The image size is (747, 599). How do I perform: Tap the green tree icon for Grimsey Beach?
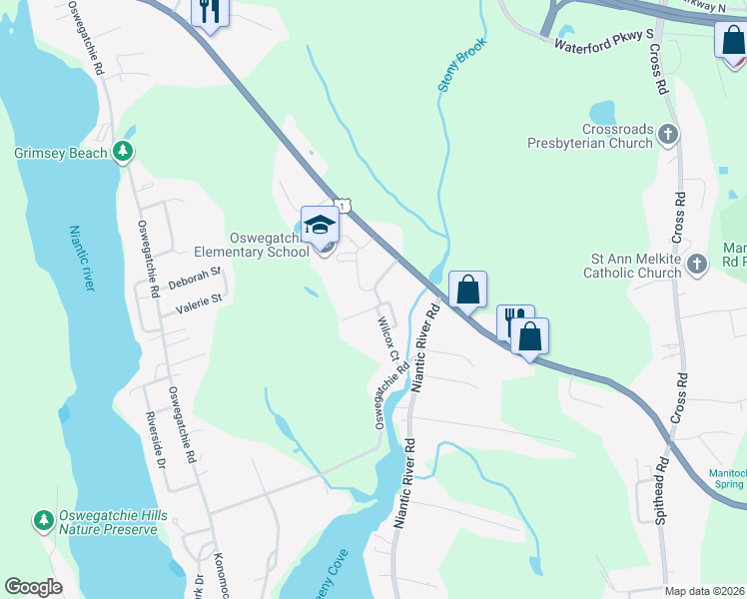pyautogui.click(x=123, y=153)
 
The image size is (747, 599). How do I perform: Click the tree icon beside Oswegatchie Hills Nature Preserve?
pyautogui.click(x=43, y=520)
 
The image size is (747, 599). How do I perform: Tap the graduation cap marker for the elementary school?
pyautogui.click(x=321, y=227)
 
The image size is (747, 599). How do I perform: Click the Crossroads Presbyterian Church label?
pyautogui.click(x=590, y=136)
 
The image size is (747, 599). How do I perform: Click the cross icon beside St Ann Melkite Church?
pyautogui.click(x=696, y=265)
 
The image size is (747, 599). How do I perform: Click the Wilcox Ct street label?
pyautogui.click(x=387, y=340)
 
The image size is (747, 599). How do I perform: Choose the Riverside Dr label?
pyautogui.click(x=154, y=440)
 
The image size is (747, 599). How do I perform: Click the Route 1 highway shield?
pyautogui.click(x=343, y=206)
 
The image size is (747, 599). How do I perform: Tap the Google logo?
pyautogui.click(x=34, y=587)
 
